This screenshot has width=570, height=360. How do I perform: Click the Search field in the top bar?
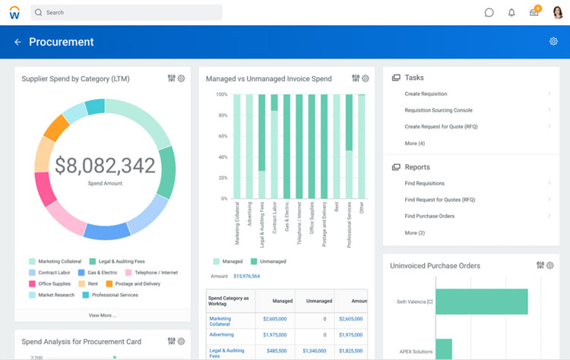pyautogui.click(x=126, y=13)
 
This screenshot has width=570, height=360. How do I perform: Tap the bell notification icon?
pyautogui.click(x=511, y=13)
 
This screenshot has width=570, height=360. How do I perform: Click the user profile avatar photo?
pyautogui.click(x=558, y=12)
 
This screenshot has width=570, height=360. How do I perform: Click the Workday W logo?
pyautogui.click(x=14, y=13)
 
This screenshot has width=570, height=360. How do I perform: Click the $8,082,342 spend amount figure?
pyautogui.click(x=105, y=166)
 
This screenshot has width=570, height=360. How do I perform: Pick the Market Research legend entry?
pyautogui.click(x=55, y=295)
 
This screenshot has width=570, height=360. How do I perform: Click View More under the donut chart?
pyautogui.click(x=103, y=314)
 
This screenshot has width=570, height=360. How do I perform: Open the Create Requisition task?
pyautogui.click(x=425, y=94)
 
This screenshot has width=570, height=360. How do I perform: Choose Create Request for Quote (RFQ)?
pyautogui.click(x=441, y=127)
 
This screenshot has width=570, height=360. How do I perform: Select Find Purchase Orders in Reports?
pyautogui.click(x=430, y=216)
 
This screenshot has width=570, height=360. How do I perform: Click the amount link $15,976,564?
pyautogui.click(x=246, y=276)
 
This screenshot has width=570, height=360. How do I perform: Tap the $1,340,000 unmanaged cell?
pyautogui.click(x=314, y=351)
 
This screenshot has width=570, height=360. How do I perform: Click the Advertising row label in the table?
pyautogui.click(x=221, y=335)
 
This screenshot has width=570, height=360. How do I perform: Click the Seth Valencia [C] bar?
pyautogui.click(x=482, y=302)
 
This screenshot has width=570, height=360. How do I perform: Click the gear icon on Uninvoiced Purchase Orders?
pyautogui.click(x=550, y=266)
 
